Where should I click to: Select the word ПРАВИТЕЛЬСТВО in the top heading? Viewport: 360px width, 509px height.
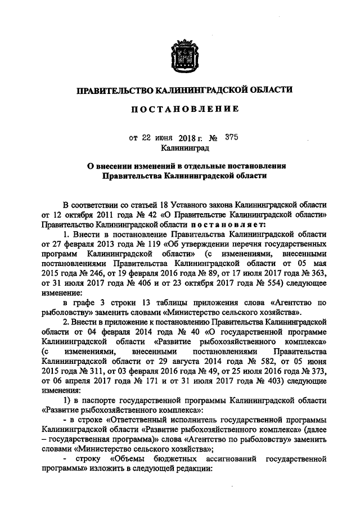tap(114, 90)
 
